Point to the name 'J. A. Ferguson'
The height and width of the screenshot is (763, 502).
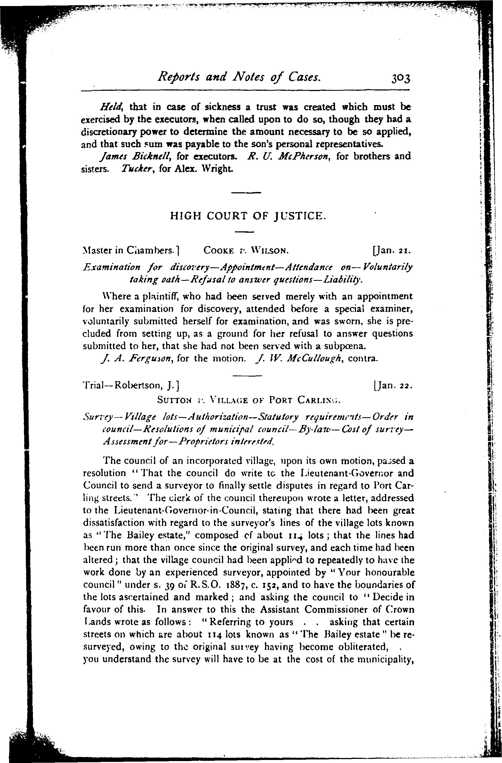[x=136, y=358]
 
